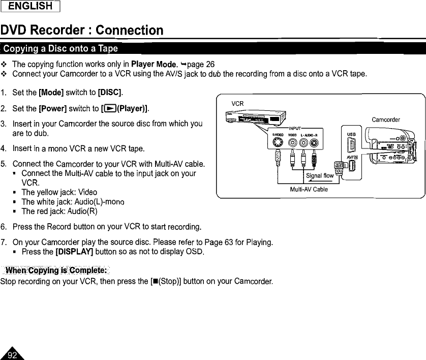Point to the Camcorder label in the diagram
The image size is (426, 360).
(386, 120)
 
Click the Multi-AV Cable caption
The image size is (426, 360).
(309, 189)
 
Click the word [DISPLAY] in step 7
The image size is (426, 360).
(76, 252)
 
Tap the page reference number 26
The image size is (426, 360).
(210, 64)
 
